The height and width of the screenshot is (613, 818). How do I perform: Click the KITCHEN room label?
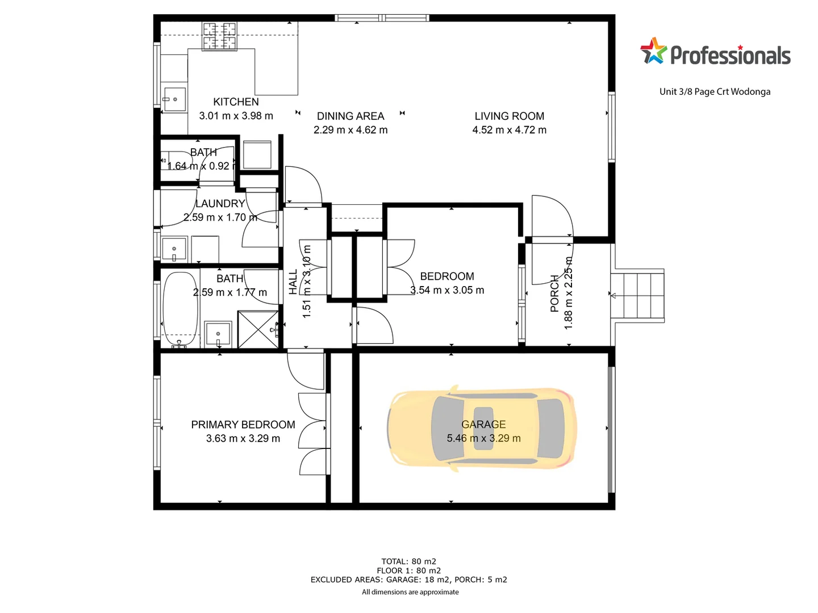click(236, 102)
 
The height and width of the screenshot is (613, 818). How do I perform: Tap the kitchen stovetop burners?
click(219, 36)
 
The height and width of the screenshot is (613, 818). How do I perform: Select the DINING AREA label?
click(350, 116)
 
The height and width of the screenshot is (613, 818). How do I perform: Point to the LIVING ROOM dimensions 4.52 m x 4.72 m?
click(509, 130)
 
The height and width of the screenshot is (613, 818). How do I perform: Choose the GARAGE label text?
click(483, 425)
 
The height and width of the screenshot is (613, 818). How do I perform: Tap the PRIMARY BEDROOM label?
click(243, 425)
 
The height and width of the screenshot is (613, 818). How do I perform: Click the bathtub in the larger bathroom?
click(180, 309)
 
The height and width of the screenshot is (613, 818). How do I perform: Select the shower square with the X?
click(258, 329)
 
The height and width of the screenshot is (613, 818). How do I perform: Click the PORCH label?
click(555, 293)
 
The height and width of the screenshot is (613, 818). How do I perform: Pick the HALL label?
click(293, 282)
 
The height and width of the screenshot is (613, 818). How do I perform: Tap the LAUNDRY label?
click(220, 203)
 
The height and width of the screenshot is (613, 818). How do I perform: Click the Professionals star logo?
click(653, 51)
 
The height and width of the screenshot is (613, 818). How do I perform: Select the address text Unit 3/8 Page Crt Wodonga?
click(715, 91)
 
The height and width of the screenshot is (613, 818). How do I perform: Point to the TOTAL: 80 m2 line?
click(408, 561)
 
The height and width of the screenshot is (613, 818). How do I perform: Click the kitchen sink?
click(174, 100)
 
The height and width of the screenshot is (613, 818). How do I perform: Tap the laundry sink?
click(174, 249)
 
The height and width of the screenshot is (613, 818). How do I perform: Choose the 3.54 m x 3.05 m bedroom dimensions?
click(447, 290)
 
